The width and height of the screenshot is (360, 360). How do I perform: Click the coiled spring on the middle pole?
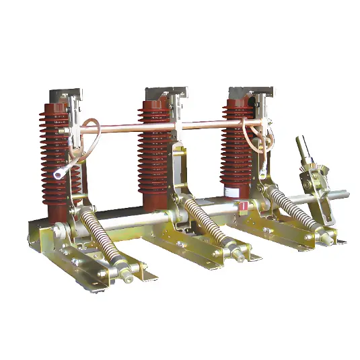coord(205,226)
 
